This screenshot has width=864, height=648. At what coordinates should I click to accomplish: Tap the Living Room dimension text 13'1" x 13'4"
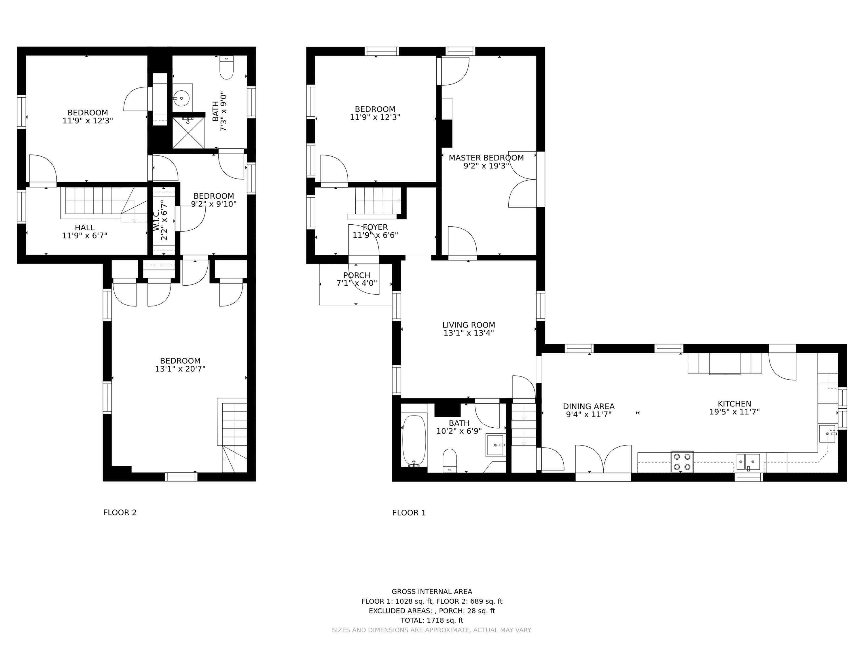click(x=468, y=333)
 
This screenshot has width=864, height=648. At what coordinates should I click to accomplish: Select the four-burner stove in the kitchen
click(x=682, y=462)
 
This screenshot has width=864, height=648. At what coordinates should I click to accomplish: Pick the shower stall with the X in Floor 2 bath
click(x=188, y=133)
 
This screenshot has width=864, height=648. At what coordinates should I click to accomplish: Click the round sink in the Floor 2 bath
click(x=181, y=98)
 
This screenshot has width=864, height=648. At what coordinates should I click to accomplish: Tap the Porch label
click(x=357, y=275)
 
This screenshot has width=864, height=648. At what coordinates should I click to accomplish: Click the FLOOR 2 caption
click(x=120, y=512)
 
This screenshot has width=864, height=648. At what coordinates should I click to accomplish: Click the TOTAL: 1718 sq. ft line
click(x=432, y=620)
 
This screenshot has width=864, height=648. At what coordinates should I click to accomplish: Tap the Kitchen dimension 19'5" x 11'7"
click(x=734, y=412)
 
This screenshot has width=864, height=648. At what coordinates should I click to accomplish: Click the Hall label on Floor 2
click(x=85, y=227)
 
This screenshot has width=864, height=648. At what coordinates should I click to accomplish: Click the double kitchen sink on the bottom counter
click(x=748, y=462)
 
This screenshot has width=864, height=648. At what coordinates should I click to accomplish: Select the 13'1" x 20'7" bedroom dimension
click(x=180, y=369)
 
